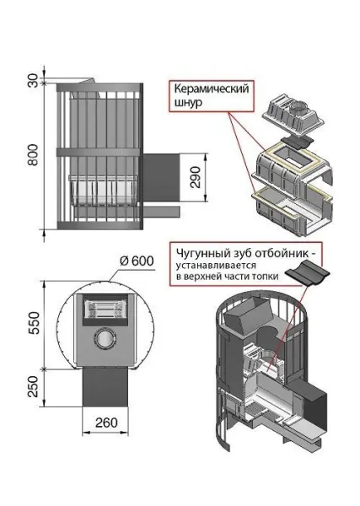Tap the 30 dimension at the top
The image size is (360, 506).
(32, 81)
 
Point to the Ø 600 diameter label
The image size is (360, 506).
(137, 261)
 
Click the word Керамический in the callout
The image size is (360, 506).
(211, 89)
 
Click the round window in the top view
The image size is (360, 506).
(104, 338)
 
